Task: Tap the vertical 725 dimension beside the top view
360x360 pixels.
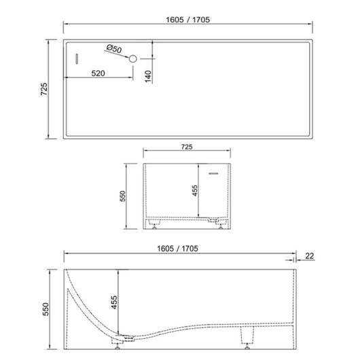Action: [43, 88]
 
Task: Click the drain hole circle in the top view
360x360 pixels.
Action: [133, 59]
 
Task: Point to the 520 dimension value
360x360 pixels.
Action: [99, 74]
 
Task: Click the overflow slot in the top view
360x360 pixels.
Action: [77, 59]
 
